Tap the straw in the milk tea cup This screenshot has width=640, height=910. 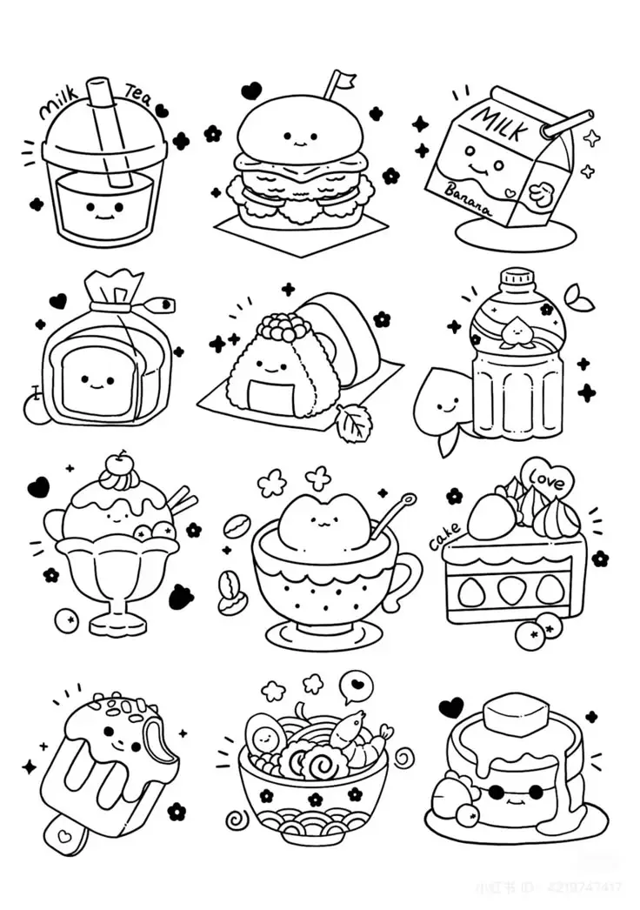click(110, 130)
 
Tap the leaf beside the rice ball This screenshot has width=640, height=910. click(353, 424)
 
